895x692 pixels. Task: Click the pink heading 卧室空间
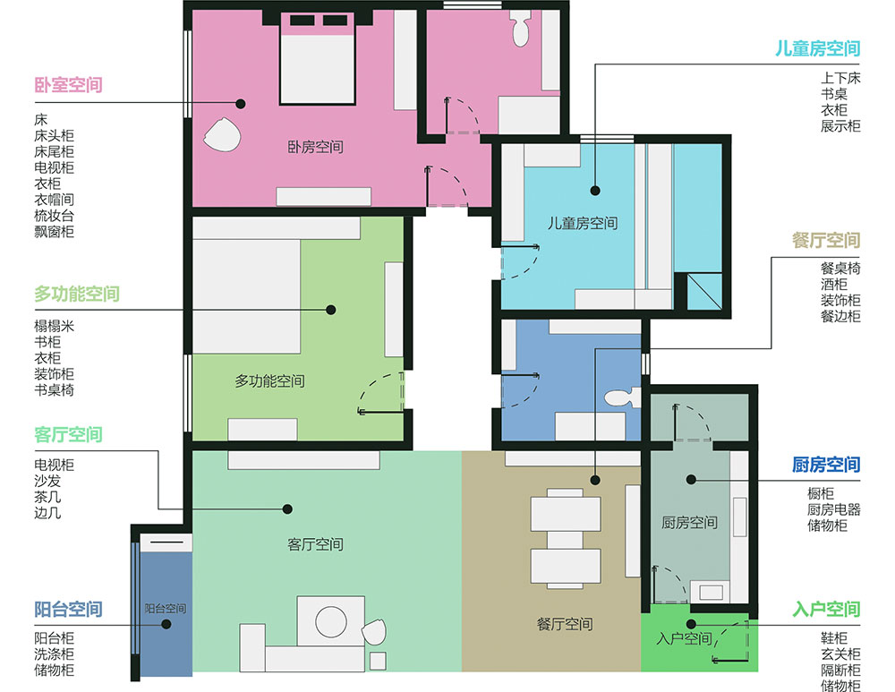pyautogui.click(x=69, y=85)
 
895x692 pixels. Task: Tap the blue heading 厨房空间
pyautogui.click(x=826, y=465)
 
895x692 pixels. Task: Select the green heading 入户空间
pyautogui.click(x=826, y=610)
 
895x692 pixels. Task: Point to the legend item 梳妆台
pyautogui.click(x=55, y=216)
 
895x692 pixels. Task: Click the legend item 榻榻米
pyautogui.click(x=55, y=326)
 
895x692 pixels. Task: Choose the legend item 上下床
pyautogui.click(x=840, y=78)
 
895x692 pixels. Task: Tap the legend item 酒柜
pyautogui.click(x=834, y=285)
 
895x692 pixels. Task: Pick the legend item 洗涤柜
pyautogui.click(x=55, y=654)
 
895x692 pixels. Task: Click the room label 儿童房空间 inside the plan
pyautogui.click(x=583, y=223)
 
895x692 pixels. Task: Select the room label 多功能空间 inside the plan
pyautogui.click(x=269, y=380)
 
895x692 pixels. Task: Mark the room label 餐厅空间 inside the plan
pyautogui.click(x=565, y=624)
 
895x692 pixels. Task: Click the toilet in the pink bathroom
pyautogui.click(x=521, y=30)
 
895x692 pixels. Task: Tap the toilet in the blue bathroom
pyautogui.click(x=623, y=398)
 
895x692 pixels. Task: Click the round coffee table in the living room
pyautogui.click(x=331, y=622)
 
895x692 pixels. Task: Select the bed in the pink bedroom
pyautogui.click(x=318, y=59)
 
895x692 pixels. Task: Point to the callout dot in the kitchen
pyautogui.click(x=691, y=480)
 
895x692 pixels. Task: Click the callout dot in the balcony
pyautogui.click(x=166, y=624)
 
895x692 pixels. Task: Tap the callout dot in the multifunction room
pyautogui.click(x=330, y=310)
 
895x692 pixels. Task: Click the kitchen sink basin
pyautogui.click(x=711, y=592)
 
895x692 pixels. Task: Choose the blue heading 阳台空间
pyautogui.click(x=69, y=610)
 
